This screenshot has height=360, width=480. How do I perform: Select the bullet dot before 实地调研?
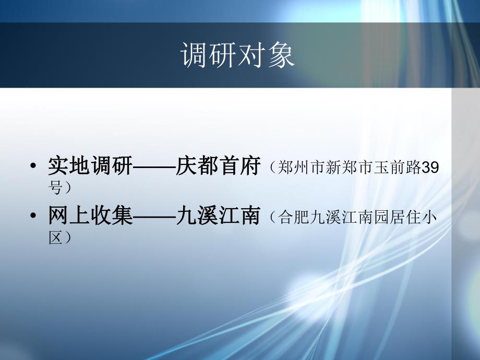[34, 167]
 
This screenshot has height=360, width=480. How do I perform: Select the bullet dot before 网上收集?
[34, 217]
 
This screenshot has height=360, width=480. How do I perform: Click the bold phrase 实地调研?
[90, 166]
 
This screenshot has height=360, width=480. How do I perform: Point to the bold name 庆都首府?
[218, 166]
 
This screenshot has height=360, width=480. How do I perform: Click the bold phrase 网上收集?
[90, 215]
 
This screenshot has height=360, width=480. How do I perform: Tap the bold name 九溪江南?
[218, 215]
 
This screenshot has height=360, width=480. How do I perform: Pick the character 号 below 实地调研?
[56, 187]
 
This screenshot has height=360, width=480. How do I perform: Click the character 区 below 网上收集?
[56, 236]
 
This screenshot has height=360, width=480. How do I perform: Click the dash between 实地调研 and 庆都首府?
[154, 167]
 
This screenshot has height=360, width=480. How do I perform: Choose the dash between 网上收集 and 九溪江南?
[154, 216]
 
